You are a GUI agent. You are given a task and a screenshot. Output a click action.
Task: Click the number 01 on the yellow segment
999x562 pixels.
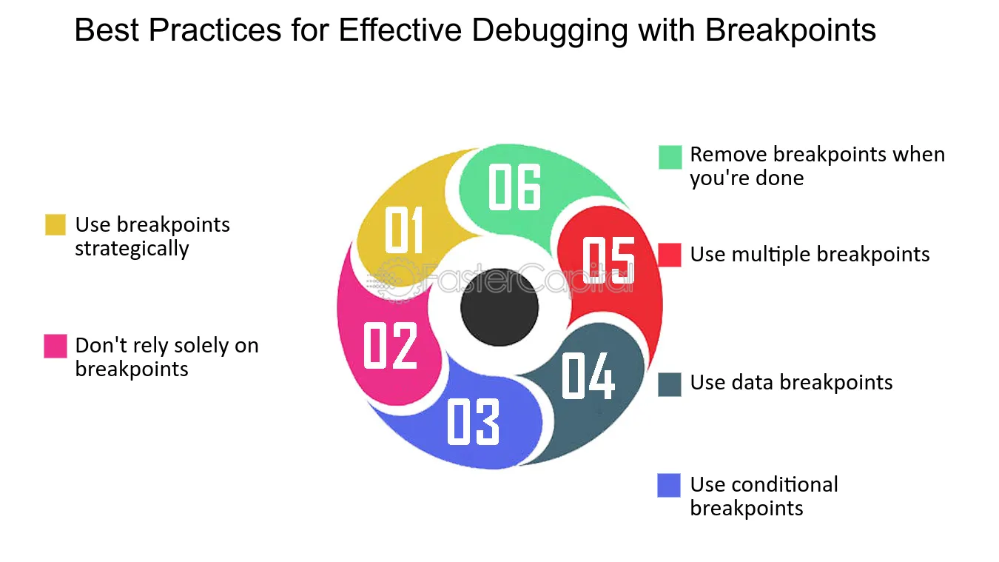(403, 230)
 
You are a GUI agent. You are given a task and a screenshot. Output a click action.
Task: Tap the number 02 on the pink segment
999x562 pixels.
(390, 345)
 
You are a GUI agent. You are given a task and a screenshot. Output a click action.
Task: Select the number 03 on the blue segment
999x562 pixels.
(473, 421)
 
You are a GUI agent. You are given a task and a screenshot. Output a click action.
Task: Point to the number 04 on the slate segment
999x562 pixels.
(588, 375)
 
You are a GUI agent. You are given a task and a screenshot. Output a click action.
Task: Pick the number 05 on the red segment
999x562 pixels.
(608, 260)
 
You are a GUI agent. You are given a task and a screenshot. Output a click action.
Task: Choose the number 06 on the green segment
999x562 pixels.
(514, 187)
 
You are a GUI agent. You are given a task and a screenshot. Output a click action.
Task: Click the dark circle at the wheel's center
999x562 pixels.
(499, 307)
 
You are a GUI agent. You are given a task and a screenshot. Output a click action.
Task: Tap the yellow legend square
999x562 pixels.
(55, 224)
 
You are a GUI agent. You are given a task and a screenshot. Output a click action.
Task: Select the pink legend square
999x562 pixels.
(55, 346)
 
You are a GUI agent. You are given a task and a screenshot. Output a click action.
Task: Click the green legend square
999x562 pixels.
(670, 157)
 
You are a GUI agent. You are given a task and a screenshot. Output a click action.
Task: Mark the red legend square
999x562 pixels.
(670, 255)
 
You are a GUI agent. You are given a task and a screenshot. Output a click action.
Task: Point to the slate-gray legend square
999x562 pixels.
(670, 384)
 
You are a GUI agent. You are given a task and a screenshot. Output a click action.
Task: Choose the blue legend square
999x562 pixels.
(669, 485)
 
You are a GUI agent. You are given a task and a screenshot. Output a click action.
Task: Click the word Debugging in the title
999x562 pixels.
(549, 31)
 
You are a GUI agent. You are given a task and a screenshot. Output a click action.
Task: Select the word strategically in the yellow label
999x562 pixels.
(132, 249)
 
